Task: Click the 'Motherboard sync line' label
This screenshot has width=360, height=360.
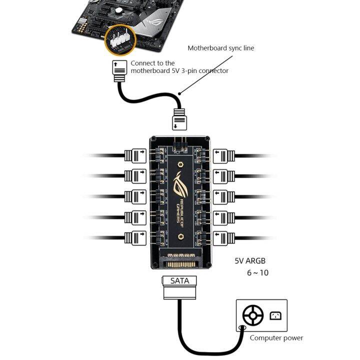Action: click(x=221, y=48)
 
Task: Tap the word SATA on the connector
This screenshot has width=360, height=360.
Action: click(x=180, y=281)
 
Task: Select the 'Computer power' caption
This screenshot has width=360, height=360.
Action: click(x=276, y=338)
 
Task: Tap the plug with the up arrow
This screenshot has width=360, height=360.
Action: click(x=119, y=71)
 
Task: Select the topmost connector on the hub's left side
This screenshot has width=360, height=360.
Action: click(x=135, y=155)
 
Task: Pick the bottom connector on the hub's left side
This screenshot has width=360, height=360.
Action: click(x=135, y=237)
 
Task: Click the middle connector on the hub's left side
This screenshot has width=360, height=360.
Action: click(x=135, y=196)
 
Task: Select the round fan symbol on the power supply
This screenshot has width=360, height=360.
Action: click(x=253, y=316)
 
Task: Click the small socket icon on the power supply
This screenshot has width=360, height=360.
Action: click(x=275, y=315)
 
